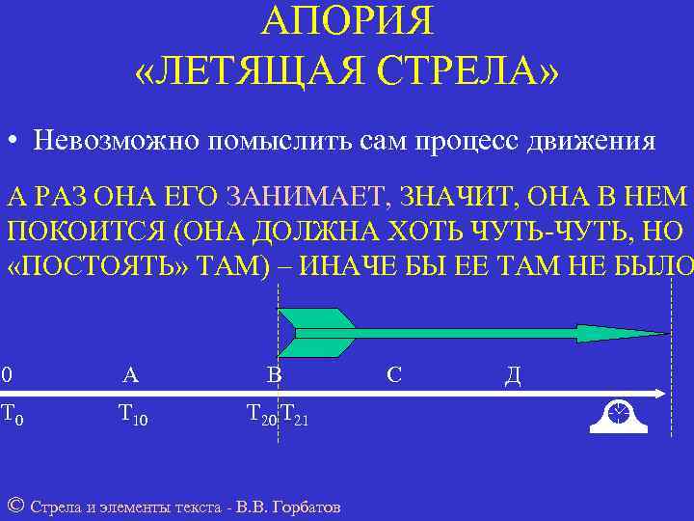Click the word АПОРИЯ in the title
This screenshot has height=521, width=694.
pyautogui.click(x=348, y=21)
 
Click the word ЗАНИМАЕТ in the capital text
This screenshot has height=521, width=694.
pyautogui.click(x=303, y=199)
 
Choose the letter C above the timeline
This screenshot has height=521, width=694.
pyautogui.click(x=394, y=374)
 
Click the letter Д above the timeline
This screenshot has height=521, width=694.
pyautogui.click(x=513, y=374)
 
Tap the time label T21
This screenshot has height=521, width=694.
pyautogui.click(x=294, y=416)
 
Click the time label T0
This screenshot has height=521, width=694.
pyautogui.click(x=12, y=416)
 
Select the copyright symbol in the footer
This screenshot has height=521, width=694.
pyautogui.click(x=14, y=506)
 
